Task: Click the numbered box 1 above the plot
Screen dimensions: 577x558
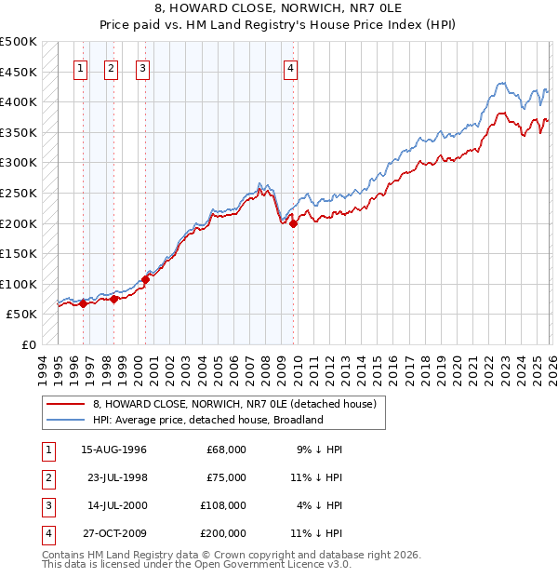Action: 82,68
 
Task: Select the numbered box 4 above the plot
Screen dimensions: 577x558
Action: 291,68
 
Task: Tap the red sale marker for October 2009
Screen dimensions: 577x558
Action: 293,223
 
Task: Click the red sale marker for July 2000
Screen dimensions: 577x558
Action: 146,279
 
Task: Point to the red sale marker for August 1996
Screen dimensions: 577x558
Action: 83,303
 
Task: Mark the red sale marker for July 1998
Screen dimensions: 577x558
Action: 113,299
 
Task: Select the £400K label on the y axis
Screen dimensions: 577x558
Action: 19,101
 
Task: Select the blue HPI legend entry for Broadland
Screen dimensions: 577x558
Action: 207,420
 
